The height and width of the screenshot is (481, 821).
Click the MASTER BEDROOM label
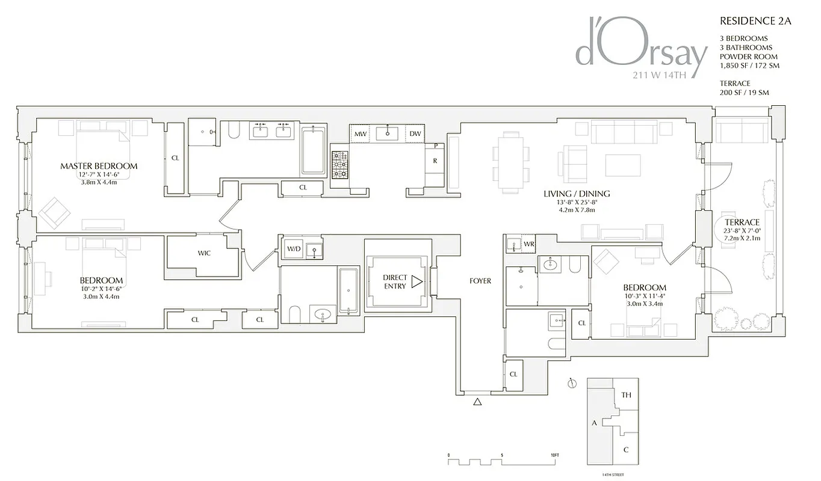pos(99,166)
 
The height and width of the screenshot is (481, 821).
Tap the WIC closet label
pos(204,253)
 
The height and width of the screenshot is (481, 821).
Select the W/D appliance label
pos(293,249)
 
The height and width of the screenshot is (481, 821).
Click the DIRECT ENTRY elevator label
pos(395,282)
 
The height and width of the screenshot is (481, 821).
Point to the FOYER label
pos(480,281)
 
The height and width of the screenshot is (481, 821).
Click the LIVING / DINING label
pos(577,194)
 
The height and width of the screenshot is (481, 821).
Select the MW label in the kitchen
pos(360,134)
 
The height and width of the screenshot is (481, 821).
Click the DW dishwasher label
pos(415,134)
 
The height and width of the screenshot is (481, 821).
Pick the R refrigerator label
pos(434,161)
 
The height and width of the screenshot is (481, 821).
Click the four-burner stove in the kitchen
pos(339,164)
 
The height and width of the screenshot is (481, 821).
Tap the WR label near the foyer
pos(528,244)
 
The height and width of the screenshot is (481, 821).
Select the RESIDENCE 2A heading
pos(755,21)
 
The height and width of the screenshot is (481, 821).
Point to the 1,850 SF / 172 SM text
pos(749,66)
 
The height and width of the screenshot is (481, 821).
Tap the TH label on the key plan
pos(626,395)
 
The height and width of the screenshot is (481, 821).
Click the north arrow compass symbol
pos(572,383)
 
